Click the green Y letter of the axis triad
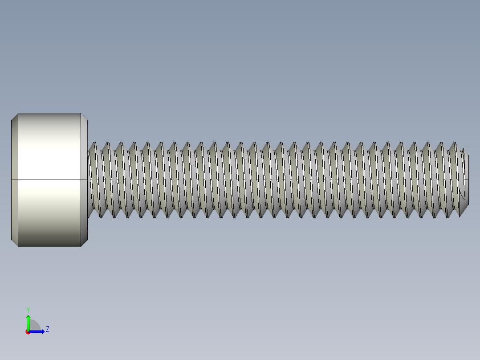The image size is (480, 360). [x=28, y=309]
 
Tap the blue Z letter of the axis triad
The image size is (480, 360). [x=47, y=329]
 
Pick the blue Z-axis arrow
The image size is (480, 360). [x=37, y=331]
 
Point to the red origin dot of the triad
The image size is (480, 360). [x=28, y=332]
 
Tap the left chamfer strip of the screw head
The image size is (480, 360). [x=14, y=180]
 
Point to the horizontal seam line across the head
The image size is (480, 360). [x=49, y=180]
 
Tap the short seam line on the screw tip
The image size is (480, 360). [x=466, y=180]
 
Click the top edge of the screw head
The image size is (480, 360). [x=49, y=114]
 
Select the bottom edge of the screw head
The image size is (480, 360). [x=49, y=246]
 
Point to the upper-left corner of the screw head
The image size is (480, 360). [x=18, y=114]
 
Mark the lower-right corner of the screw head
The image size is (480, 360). [x=81, y=246]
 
